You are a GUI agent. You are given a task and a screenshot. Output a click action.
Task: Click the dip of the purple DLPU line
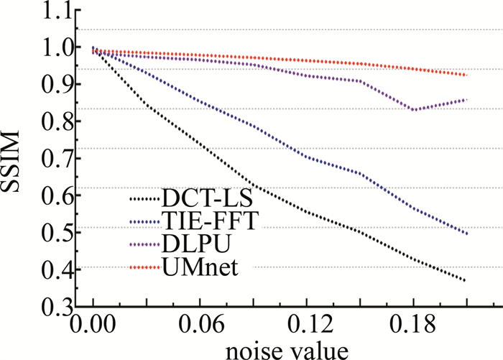click(414, 110)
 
